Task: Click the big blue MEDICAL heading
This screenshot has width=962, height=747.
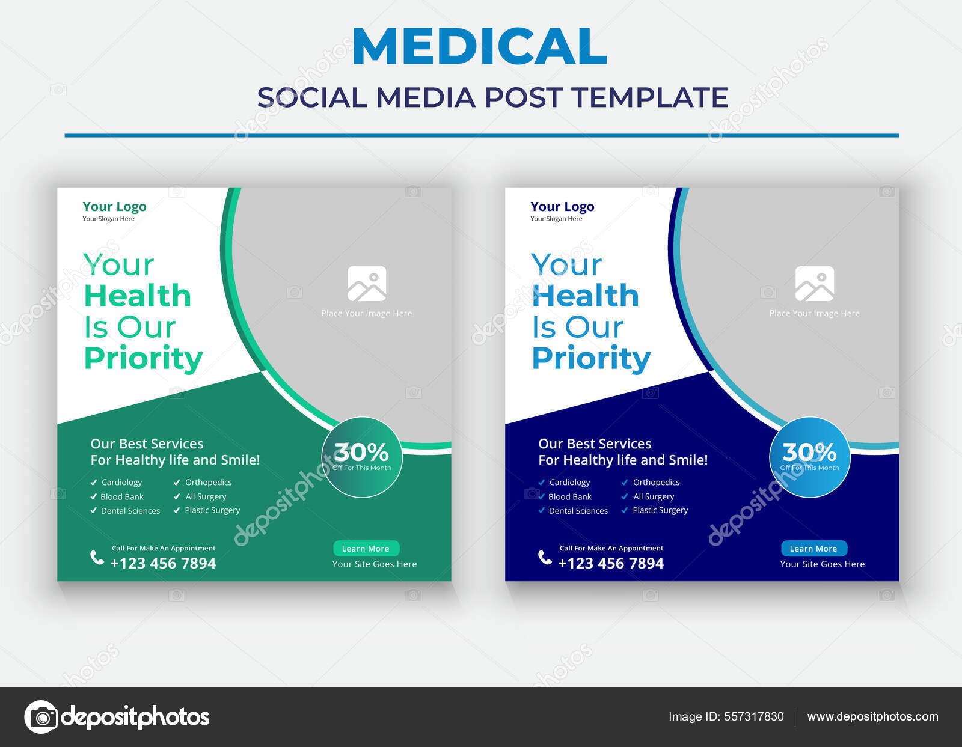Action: point(479,46)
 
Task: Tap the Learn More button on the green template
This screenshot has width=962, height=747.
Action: point(366,549)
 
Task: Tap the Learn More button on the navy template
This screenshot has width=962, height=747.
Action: point(814,549)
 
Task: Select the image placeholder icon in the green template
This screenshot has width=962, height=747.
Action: point(367,284)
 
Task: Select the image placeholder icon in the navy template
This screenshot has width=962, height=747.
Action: point(815,284)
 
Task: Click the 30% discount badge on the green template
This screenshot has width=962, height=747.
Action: point(362,457)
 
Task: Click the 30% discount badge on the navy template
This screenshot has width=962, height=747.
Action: point(810,457)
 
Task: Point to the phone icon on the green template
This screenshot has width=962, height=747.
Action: point(97,557)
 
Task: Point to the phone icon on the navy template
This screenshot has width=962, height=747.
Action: point(545,557)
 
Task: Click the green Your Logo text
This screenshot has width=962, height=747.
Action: point(114,207)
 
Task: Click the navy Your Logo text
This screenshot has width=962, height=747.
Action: point(562,207)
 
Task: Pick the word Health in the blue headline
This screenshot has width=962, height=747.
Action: point(585,296)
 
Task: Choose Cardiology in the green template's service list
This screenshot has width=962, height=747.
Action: point(121,482)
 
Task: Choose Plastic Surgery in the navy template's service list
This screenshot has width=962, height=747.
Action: point(660,510)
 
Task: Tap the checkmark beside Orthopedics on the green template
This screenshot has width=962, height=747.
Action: point(177,482)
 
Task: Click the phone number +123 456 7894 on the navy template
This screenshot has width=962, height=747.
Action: point(611,563)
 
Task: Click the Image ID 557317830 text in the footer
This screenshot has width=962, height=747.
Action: point(726,716)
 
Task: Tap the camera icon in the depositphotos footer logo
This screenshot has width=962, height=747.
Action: point(41,717)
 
